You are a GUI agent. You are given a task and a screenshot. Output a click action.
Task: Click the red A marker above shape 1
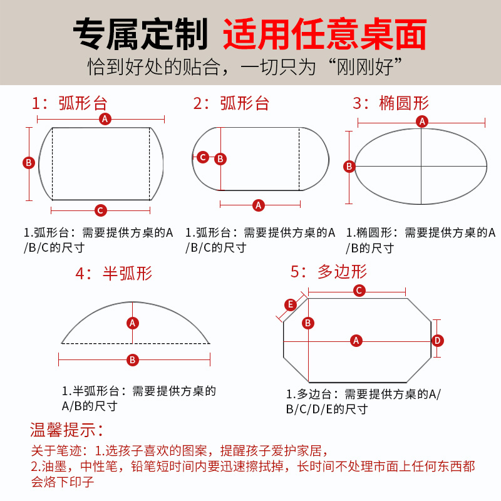[x=105, y=119]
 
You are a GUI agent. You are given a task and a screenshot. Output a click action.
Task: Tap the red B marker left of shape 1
[x=28, y=163]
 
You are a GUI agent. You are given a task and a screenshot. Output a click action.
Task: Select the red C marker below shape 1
[x=100, y=210]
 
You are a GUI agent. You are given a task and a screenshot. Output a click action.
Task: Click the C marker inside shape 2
[x=202, y=157]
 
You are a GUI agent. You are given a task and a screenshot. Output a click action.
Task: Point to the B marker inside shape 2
[x=220, y=159]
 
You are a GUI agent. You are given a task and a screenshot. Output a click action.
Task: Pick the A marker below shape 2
[x=258, y=204]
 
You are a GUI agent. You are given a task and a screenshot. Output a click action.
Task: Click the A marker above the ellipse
[x=423, y=121]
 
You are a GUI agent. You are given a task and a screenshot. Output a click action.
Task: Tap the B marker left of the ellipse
[x=349, y=167]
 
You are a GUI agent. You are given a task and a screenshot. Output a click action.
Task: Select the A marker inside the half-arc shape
[x=132, y=323]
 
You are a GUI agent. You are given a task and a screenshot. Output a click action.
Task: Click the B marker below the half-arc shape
[x=133, y=360]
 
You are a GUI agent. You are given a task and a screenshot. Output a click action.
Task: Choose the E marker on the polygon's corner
[x=291, y=305]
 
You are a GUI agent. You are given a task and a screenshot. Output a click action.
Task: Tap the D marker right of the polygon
[x=438, y=341]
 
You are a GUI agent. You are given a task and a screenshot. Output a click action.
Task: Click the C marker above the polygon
[x=359, y=291]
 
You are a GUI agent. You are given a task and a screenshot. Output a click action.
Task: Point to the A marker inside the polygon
[x=356, y=341]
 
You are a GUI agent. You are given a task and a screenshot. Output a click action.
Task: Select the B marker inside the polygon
[x=308, y=323]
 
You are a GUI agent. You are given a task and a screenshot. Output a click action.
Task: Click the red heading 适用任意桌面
[x=325, y=35]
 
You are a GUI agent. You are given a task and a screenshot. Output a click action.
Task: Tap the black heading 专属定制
[x=140, y=35]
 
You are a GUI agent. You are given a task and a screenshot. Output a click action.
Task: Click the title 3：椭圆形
[x=391, y=103]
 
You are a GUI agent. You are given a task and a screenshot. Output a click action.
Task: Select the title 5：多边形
[x=329, y=271]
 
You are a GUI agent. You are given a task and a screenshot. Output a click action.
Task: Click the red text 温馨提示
[x=66, y=430]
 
